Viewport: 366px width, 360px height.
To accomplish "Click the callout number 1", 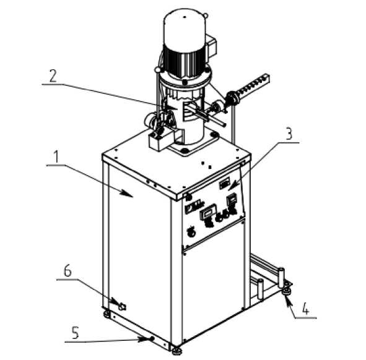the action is pos(56,157).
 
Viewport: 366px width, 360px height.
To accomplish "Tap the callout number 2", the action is pos(53,76).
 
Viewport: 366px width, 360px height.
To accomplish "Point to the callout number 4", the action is pos(305,309).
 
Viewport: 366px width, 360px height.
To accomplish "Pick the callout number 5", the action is pos(75,333).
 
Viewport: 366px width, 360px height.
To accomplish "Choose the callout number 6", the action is pos(68,271).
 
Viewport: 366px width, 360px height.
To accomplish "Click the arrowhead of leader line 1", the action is pos(128,194).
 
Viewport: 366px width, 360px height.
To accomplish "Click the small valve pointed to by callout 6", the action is pos(123,306).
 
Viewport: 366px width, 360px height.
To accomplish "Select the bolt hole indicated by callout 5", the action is pos(152,338).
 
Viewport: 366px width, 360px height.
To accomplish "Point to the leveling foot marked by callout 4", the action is pos(287,291).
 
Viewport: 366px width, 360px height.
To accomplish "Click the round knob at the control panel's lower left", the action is pos(191,231).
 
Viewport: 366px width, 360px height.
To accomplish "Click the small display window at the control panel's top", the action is pos(225,183).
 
